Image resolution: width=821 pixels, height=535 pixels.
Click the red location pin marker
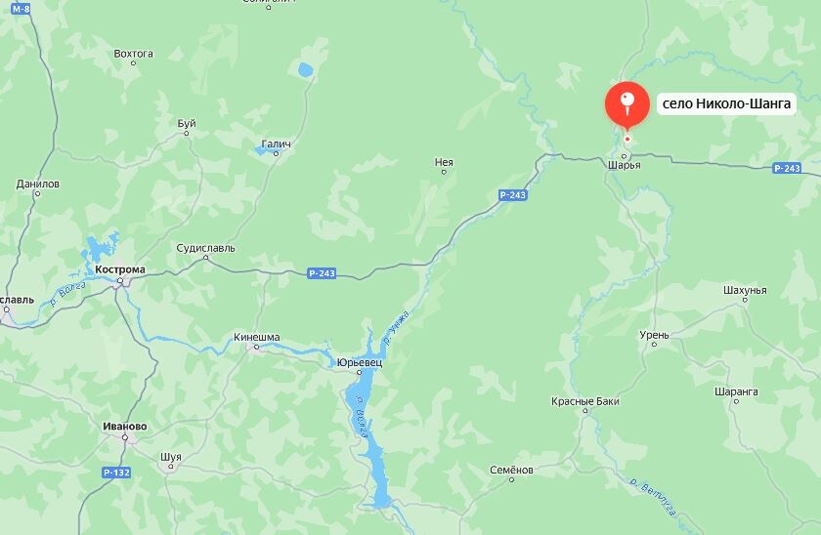pos(627,104)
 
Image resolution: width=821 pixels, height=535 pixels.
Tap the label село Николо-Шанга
pos(725,103)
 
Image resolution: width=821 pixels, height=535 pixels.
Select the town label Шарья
pos(624,165)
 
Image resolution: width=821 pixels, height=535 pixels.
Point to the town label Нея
pos(444,162)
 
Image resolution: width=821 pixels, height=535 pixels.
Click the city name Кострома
pos(120,269)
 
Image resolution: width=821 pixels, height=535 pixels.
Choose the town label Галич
pos(277,144)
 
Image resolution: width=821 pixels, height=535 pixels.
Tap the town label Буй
pos(187,123)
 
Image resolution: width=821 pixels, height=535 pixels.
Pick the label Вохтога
pos(134,54)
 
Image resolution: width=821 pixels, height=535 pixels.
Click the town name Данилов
pos(38,184)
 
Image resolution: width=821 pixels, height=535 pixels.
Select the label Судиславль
pos(206,248)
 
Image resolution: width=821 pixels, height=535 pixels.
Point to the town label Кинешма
pos(257,338)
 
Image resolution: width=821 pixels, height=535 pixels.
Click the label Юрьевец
pos(359,362)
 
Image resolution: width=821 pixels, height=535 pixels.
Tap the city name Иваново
pos(124,427)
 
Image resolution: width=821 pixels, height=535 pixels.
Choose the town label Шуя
pos(170,456)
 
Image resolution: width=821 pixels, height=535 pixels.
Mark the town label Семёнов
pos(512,470)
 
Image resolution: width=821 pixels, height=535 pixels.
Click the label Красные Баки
pos(584,401)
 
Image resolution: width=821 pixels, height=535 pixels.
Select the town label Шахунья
pos(745,290)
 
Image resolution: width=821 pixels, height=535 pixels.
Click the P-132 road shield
pos(115,473)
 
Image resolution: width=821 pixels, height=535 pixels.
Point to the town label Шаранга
pos(736,391)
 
